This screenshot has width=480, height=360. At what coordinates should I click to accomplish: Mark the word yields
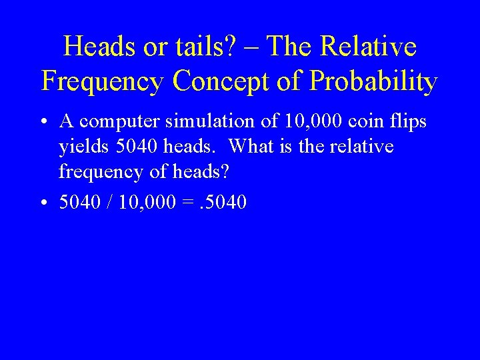pos(81,147)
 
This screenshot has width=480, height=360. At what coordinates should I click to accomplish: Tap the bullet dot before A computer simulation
pos(43,123)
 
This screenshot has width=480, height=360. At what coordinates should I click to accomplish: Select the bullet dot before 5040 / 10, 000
pos(43,202)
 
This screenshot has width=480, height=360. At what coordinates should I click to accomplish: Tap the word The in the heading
pos(291,47)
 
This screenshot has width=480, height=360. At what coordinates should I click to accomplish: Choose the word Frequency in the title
pos(103,81)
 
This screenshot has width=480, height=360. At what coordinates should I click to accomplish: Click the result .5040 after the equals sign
pos(224,202)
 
